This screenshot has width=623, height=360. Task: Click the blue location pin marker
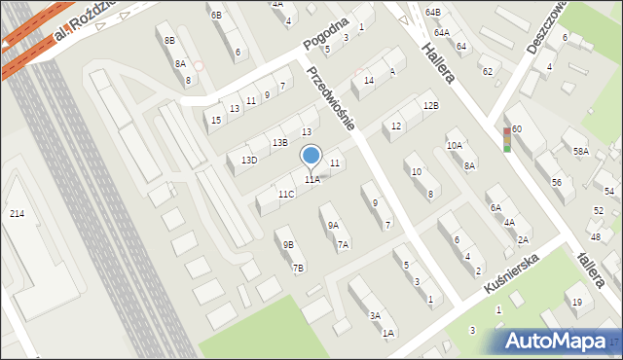[x=311, y=156]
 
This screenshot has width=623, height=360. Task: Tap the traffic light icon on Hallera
[x=506, y=139]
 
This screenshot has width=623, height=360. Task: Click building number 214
[x=17, y=213]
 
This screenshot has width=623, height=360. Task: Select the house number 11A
[x=311, y=180]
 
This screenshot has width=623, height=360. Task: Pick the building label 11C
[x=285, y=195]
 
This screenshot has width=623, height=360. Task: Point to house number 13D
[x=249, y=161]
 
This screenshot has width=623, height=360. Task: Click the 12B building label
[x=430, y=105]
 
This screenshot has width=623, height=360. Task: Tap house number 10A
[x=454, y=146]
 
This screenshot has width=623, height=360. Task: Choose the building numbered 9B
[x=288, y=245]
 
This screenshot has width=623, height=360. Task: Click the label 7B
[x=298, y=269]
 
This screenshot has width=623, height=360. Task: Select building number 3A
[x=375, y=316]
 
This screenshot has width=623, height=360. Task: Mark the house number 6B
[x=216, y=16]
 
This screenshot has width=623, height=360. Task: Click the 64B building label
[x=432, y=12]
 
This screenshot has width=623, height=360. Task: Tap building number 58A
[x=580, y=152]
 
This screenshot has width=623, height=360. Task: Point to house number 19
[x=576, y=303]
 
